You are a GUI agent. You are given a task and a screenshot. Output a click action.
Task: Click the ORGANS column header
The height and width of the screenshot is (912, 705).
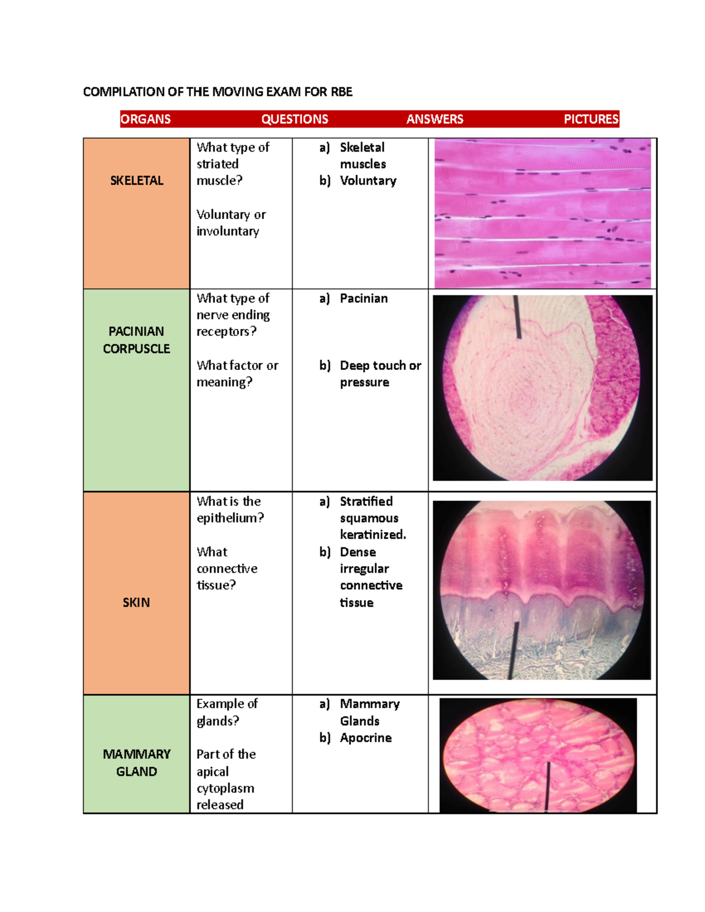tap(145, 119)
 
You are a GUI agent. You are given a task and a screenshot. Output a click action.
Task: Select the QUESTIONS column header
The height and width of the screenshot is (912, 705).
tap(295, 119)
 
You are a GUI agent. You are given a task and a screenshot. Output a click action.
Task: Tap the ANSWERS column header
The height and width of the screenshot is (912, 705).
tap(435, 119)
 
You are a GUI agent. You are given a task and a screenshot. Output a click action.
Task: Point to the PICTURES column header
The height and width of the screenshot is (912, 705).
tap(591, 119)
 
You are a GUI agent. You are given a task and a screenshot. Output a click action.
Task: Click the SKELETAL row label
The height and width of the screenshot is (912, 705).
tap(136, 180)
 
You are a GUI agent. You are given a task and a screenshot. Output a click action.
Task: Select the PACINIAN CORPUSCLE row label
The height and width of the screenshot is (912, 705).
tap(136, 340)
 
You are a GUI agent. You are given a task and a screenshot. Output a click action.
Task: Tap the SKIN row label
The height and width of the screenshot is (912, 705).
tap(136, 603)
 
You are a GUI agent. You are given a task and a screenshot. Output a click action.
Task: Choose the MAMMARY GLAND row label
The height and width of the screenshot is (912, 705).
tap(136, 763)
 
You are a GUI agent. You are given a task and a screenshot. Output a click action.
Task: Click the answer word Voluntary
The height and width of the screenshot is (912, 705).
tap(368, 181)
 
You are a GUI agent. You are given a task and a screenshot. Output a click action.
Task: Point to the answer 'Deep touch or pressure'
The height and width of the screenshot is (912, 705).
tap(381, 373)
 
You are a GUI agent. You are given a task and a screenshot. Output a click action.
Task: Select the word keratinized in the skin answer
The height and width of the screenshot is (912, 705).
tap(373, 535)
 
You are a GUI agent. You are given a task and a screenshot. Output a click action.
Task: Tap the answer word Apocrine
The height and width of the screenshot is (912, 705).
tap(366, 738)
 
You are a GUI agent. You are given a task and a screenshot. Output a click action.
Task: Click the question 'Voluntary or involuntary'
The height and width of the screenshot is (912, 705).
tap(231, 223)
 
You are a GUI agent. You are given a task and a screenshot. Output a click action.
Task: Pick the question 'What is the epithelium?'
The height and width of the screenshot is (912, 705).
tap(230, 510)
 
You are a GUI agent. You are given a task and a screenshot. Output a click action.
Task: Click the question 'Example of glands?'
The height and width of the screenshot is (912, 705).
tap(227, 712)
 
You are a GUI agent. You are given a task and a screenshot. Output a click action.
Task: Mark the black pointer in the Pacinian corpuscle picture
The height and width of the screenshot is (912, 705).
tap(518, 317)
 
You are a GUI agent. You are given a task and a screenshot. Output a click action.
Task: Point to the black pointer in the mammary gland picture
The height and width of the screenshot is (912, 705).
tap(548, 787)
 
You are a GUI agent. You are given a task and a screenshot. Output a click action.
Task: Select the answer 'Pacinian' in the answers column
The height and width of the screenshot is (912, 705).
tap(364, 298)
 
